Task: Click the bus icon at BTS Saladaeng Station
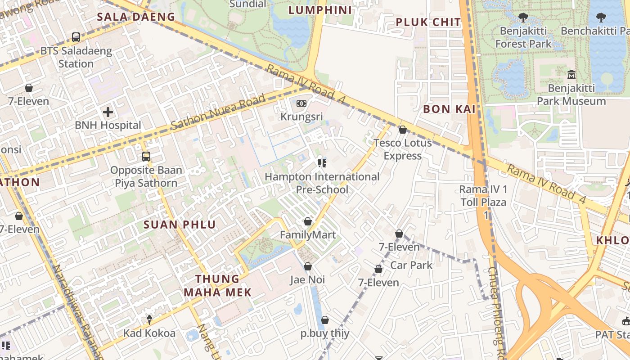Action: click(76, 37)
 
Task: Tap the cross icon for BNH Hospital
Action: click(108, 112)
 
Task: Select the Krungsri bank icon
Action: click(301, 103)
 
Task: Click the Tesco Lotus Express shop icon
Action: click(403, 130)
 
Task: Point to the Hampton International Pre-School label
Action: click(322, 183)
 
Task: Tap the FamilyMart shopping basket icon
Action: click(308, 221)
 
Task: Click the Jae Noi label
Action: click(307, 280)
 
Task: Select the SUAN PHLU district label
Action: click(180, 225)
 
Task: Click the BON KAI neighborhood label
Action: click(449, 109)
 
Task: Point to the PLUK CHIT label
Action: click(428, 22)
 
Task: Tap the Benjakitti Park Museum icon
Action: click(571, 74)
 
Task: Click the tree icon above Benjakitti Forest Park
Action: click(523, 18)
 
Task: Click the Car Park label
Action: click(411, 265)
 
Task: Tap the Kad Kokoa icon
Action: click(149, 319)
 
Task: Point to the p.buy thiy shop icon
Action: click(325, 320)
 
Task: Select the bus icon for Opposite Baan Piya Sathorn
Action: click(146, 157)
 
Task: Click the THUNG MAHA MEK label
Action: click(217, 285)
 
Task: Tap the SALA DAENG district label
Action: click(136, 17)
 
